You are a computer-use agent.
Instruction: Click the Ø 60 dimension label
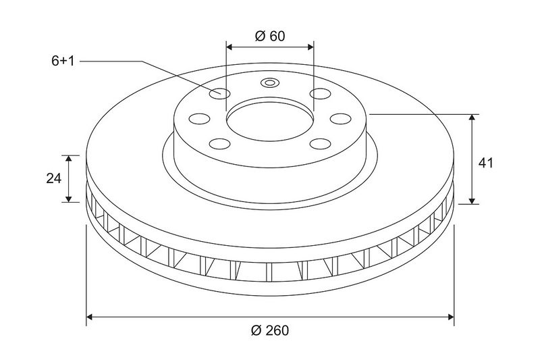(x=270, y=36)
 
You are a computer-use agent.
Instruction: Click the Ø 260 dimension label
(x=270, y=330)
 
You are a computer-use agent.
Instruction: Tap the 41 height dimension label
(x=485, y=163)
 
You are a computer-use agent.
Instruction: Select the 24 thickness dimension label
(x=54, y=178)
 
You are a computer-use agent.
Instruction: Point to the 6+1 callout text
(x=63, y=61)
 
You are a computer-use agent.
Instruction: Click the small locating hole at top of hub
(x=269, y=82)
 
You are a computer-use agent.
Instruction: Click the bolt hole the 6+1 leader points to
(x=220, y=93)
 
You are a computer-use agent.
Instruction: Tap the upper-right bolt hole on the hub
(x=320, y=93)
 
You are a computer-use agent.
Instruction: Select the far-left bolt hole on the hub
(x=200, y=118)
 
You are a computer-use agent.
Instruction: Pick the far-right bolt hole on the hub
(x=341, y=118)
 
